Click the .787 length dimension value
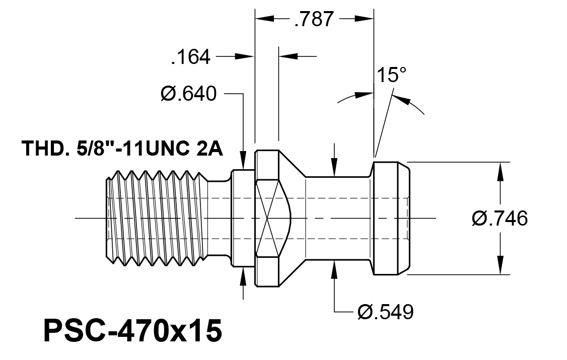(x=314, y=19)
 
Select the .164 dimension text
(x=190, y=57)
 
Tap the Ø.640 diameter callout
(x=188, y=94)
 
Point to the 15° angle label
(x=392, y=75)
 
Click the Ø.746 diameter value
(x=500, y=219)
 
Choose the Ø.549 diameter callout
(x=386, y=312)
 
